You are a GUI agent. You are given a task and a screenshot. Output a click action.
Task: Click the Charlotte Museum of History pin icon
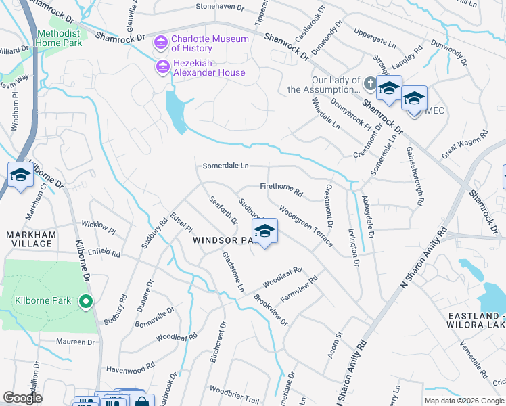161,43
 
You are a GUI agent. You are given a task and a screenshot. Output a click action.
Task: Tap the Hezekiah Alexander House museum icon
162,68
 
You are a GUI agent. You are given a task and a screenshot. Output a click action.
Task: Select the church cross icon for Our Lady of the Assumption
369,84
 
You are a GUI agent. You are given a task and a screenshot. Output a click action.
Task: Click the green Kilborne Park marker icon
85,302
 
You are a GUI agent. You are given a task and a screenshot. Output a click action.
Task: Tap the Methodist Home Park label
59,38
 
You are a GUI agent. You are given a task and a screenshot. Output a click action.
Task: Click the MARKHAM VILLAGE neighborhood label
30,239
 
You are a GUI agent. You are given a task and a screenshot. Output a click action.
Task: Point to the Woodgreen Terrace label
305,227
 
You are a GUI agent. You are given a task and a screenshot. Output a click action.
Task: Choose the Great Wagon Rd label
465,145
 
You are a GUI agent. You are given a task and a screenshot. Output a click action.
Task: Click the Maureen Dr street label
76,342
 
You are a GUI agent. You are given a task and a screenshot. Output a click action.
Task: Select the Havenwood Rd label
131,369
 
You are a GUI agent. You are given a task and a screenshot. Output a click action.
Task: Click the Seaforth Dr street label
224,210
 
